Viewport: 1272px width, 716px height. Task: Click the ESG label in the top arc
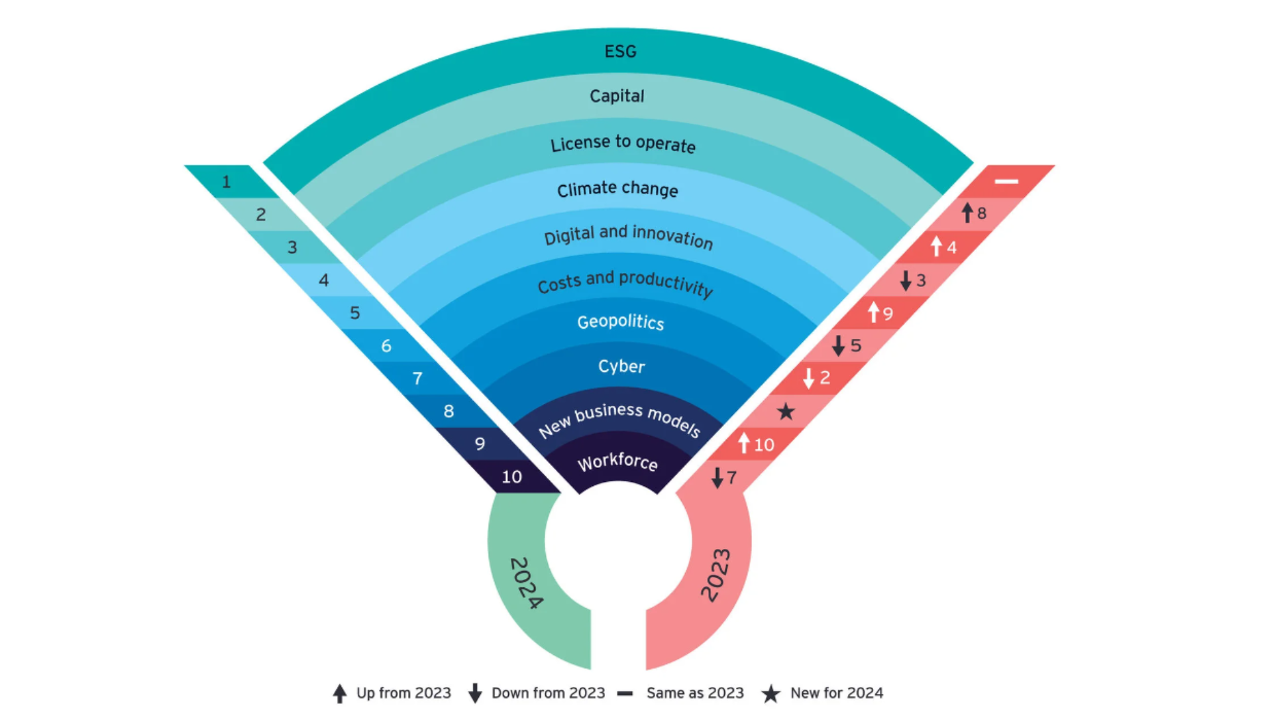pyautogui.click(x=620, y=52)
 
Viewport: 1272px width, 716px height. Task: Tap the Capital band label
pyautogui.click(x=617, y=96)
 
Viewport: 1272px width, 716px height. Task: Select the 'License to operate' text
pyautogui.click(x=623, y=143)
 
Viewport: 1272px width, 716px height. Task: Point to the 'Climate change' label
pyautogui.click(x=617, y=190)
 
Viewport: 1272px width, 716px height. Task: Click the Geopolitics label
pyautogui.click(x=621, y=322)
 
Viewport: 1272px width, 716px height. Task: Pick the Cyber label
pyautogui.click(x=621, y=366)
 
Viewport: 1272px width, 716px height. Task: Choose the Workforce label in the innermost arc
pyautogui.click(x=617, y=461)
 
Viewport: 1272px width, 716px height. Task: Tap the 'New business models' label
pyautogui.click(x=619, y=419)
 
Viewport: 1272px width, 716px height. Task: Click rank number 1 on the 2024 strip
pyautogui.click(x=227, y=182)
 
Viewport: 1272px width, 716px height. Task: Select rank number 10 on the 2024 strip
pyautogui.click(x=511, y=477)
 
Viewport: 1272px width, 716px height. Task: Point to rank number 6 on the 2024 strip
pyautogui.click(x=386, y=345)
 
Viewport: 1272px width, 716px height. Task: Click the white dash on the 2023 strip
pyautogui.click(x=1006, y=181)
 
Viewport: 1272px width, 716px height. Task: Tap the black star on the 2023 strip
pyautogui.click(x=786, y=412)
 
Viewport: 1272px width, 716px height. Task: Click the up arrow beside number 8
pyautogui.click(x=967, y=213)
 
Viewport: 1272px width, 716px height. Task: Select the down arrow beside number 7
pyautogui.click(x=717, y=477)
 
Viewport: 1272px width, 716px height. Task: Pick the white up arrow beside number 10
pyautogui.click(x=744, y=444)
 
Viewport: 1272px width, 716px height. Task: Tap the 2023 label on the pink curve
pyautogui.click(x=716, y=575)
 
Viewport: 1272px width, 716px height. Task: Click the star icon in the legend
pyautogui.click(x=770, y=693)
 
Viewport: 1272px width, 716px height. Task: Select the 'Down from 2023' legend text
pyautogui.click(x=548, y=693)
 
